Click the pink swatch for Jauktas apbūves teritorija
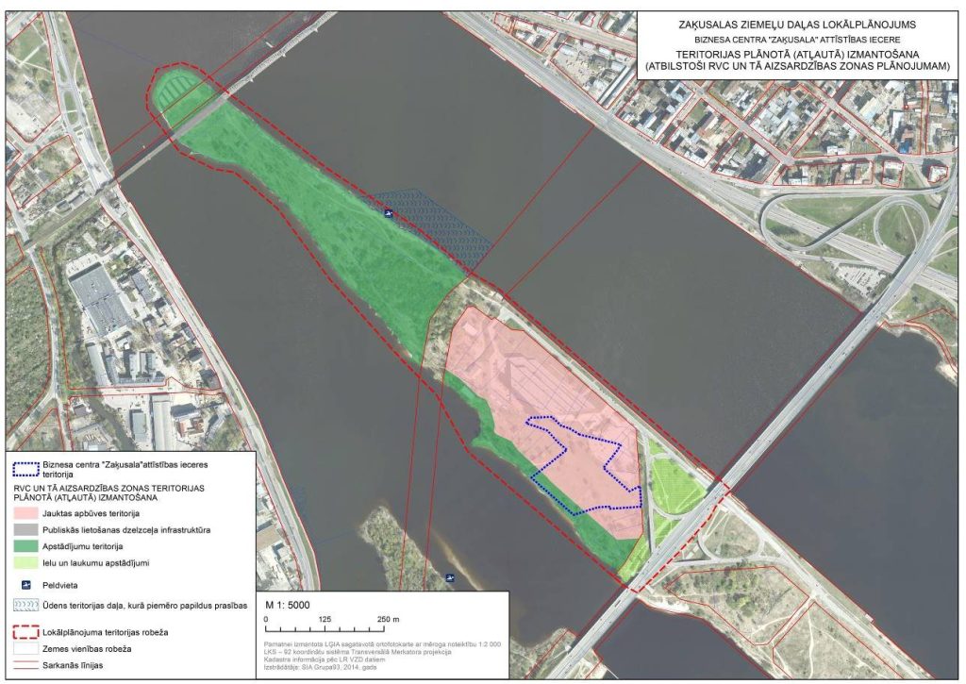[x=31, y=514]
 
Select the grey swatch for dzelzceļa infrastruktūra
[x=31, y=530]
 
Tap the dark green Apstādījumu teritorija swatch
[x=31, y=546]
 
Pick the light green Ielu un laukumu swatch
[x=31, y=563]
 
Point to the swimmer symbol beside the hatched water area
[x=388, y=213]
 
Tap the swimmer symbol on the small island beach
[x=456, y=577]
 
